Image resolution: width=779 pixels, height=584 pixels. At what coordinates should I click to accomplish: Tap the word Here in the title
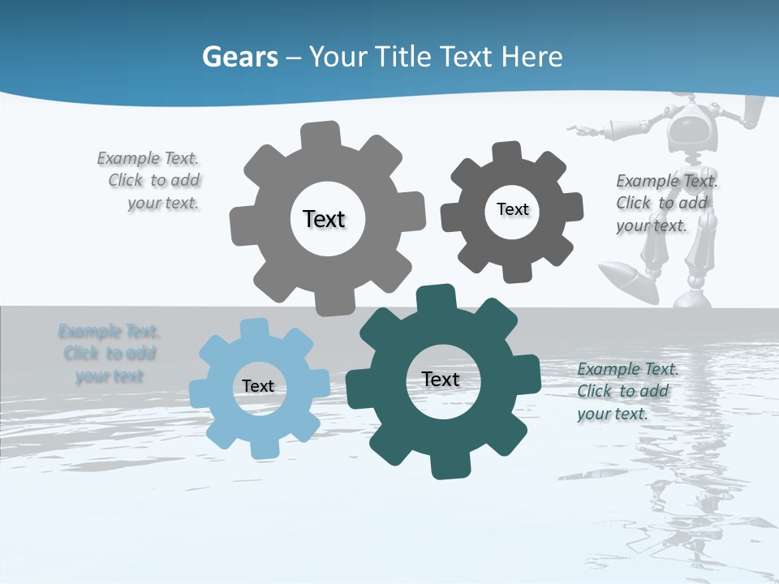click(532, 57)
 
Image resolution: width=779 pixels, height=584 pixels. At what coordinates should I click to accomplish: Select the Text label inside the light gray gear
click(324, 219)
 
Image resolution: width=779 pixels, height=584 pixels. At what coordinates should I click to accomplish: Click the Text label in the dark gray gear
click(512, 209)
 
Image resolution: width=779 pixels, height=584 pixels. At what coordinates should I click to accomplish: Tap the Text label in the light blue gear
click(258, 386)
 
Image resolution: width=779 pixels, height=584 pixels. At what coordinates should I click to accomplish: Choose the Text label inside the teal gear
click(441, 379)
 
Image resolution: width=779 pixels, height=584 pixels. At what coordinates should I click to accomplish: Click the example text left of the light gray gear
click(153, 181)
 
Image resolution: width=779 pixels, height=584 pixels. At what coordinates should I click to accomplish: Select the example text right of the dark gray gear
click(665, 203)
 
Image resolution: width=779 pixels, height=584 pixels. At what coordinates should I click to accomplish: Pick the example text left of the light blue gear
click(109, 354)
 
